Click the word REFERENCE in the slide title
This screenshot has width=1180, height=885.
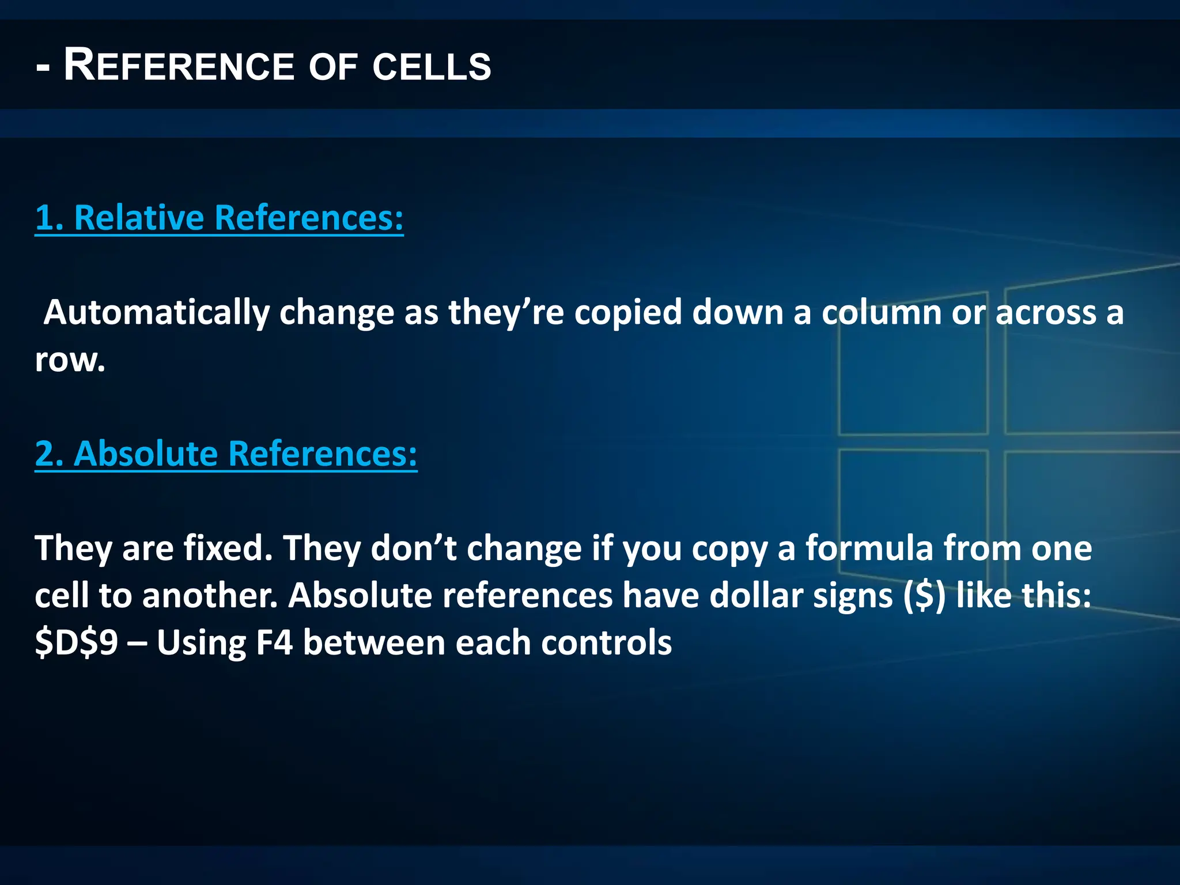(179, 66)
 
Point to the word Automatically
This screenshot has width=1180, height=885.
(157, 313)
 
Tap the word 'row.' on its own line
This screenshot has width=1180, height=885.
(70, 361)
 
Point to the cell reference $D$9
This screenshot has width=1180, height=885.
(76, 642)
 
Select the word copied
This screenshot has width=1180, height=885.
(628, 313)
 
